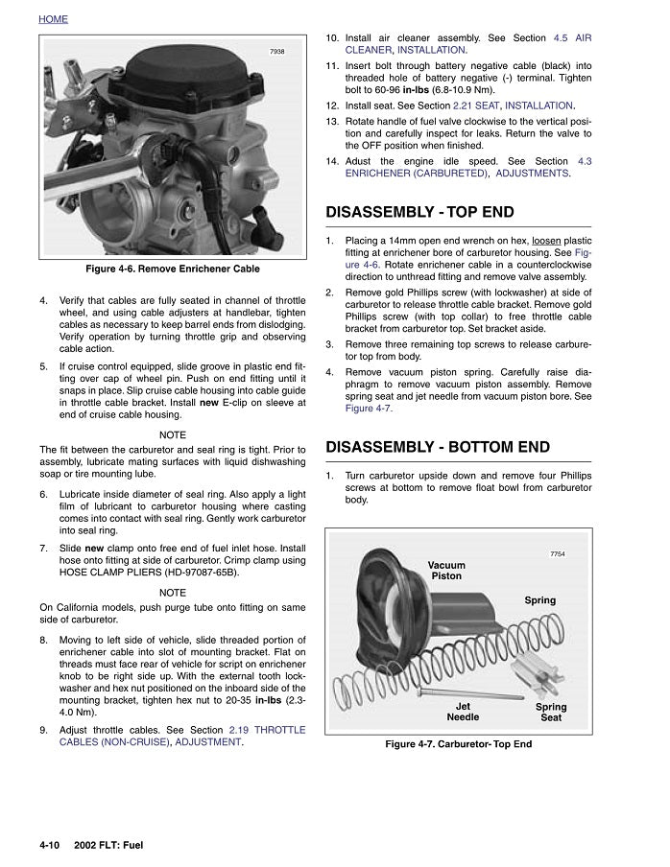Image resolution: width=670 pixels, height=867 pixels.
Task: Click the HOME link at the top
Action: (53, 19)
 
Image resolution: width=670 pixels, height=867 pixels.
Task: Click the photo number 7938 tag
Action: (277, 52)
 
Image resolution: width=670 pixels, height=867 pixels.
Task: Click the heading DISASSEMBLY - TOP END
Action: (419, 212)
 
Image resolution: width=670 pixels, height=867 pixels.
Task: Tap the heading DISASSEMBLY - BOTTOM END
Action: (438, 447)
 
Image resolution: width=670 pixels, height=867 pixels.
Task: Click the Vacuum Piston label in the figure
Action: (446, 571)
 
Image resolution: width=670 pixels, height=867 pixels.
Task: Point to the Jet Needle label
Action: (463, 712)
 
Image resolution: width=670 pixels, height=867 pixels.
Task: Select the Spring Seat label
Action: (551, 712)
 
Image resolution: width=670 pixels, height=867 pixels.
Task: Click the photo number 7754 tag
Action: (558, 554)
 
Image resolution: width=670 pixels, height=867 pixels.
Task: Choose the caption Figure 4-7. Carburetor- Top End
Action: (458, 744)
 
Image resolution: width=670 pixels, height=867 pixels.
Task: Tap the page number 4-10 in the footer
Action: (50, 845)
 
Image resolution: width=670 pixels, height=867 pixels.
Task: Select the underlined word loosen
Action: (538, 240)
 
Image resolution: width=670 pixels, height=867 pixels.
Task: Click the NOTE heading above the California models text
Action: (173, 593)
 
